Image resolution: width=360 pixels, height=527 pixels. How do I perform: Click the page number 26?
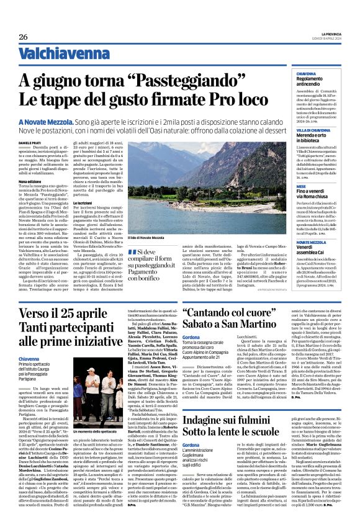(x=23, y=37)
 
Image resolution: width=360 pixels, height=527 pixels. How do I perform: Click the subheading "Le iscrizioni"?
(x=84, y=220)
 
